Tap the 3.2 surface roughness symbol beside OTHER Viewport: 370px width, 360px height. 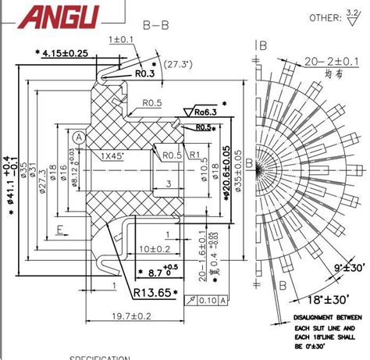point(354,16)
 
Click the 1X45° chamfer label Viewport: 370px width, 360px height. point(116,155)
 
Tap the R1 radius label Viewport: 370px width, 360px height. point(195,155)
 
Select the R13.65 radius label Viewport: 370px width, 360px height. point(152,293)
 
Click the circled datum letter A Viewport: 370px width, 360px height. point(78,137)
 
